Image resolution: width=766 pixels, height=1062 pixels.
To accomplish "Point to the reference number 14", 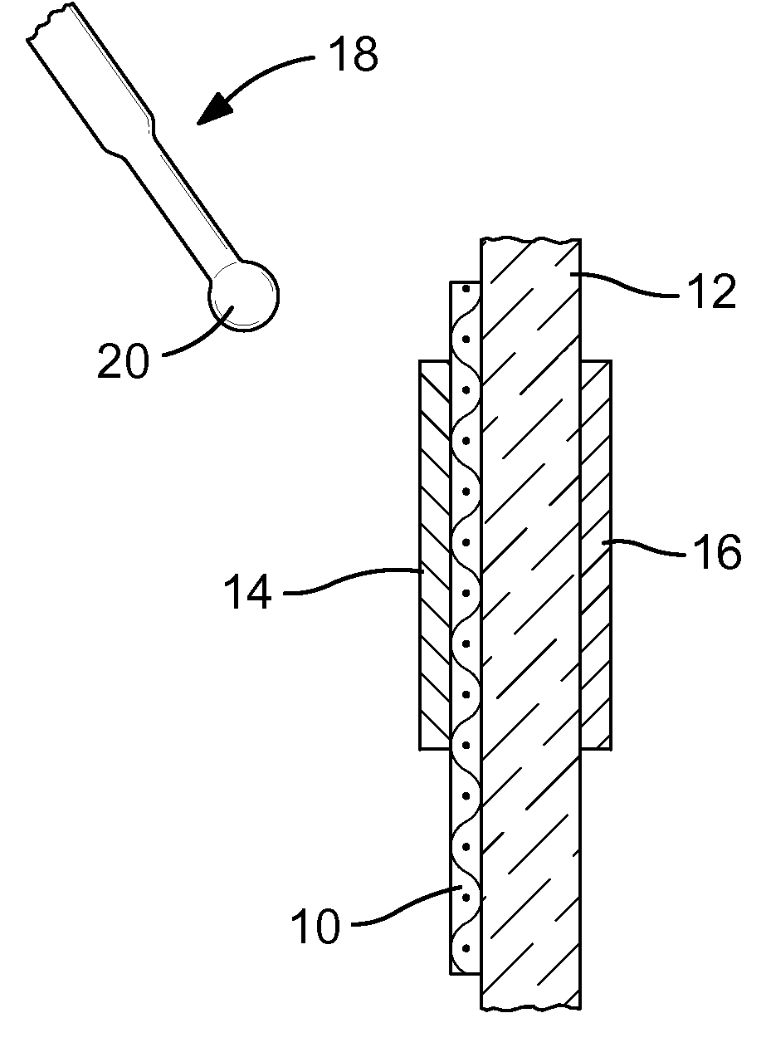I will (248, 593).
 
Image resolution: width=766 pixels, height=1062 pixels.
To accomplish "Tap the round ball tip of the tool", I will (243, 296).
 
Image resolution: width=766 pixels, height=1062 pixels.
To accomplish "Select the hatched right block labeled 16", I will (596, 556).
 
